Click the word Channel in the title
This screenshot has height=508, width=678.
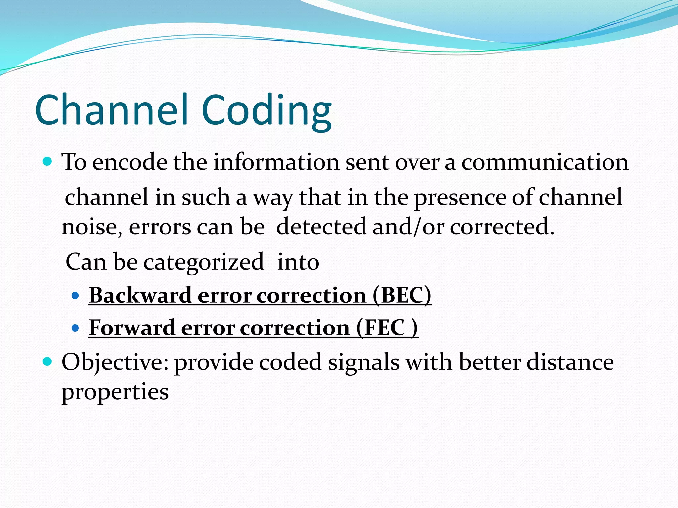coord(113,110)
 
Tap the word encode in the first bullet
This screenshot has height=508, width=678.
coord(129,162)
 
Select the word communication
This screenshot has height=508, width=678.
coord(545,162)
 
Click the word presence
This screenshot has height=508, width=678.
coord(460,198)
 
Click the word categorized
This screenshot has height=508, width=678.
coord(203,262)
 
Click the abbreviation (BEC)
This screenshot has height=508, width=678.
coord(402,295)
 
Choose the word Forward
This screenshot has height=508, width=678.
coord(132,328)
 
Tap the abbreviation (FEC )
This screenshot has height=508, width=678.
coord(387,328)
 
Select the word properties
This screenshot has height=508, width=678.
coord(115,392)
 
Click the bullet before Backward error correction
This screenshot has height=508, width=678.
coord(75,295)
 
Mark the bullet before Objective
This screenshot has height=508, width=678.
coord(48,361)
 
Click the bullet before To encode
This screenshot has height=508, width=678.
coord(48,162)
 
